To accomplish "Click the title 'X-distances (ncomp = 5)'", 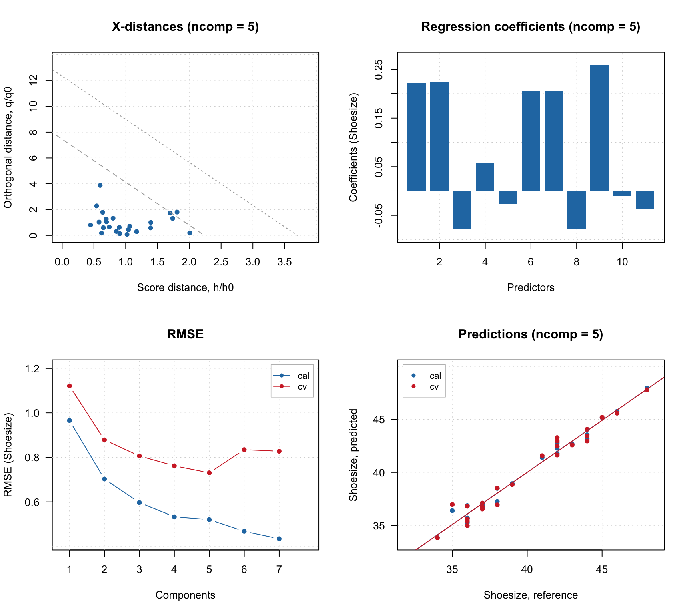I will pyautogui.click(x=185, y=27).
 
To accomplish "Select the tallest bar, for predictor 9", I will pyautogui.click(x=599, y=128).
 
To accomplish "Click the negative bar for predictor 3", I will pyautogui.click(x=462, y=210).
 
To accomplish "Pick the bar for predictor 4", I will pyautogui.click(x=485, y=177).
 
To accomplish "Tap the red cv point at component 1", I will pyautogui.click(x=70, y=386).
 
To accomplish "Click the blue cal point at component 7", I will pyautogui.click(x=279, y=539).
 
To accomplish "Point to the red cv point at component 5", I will pyautogui.click(x=209, y=473).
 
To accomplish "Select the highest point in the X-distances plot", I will pyautogui.click(x=100, y=185).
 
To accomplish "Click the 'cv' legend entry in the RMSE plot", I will pyautogui.click(x=302, y=387).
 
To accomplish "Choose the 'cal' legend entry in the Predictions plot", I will pyautogui.click(x=435, y=376).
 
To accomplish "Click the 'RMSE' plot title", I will pyautogui.click(x=185, y=334).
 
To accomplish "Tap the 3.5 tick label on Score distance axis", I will pyautogui.click(x=284, y=262).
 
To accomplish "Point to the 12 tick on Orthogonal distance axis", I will pyautogui.click(x=33, y=80).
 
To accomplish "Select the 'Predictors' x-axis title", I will pyautogui.click(x=531, y=287).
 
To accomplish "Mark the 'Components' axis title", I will pyautogui.click(x=185, y=595).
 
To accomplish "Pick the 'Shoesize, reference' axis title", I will pyautogui.click(x=531, y=595).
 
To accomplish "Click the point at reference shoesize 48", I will pyautogui.click(x=647, y=389).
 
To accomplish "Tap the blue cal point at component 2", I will pyautogui.click(x=104, y=479).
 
